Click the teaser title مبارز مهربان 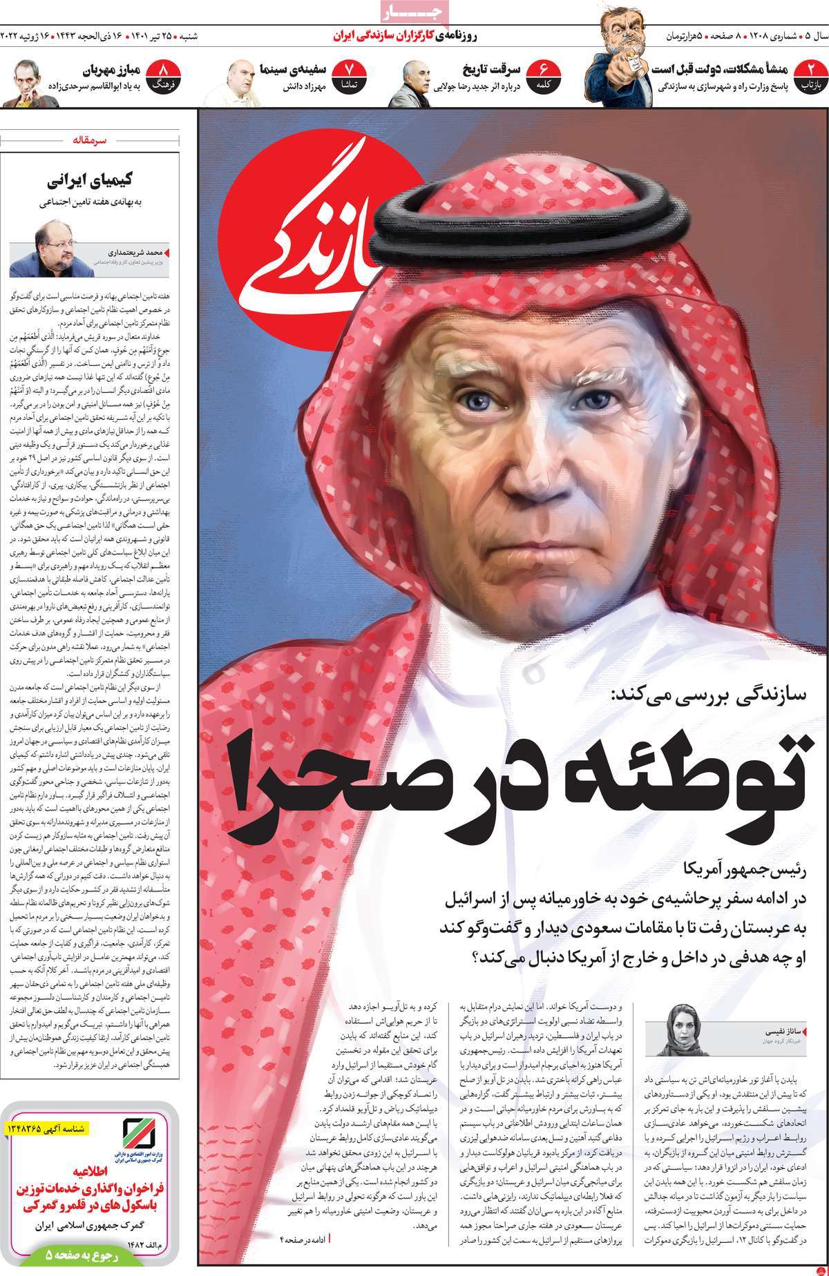109,69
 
